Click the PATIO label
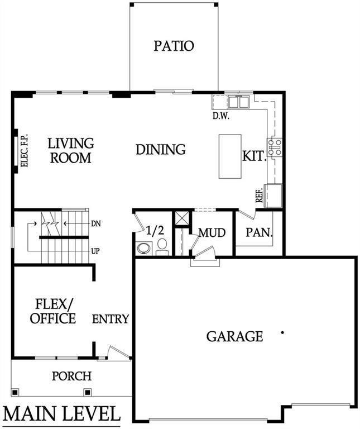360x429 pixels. tap(174, 46)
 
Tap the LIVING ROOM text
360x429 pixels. tap(70, 151)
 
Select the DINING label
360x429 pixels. tap(161, 150)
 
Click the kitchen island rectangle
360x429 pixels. tap(229, 156)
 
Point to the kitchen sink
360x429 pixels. tap(238, 102)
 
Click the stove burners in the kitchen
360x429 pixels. tap(275, 146)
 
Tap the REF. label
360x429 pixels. tap(259, 195)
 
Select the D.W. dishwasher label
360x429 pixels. tap(222, 117)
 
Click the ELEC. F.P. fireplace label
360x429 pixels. tap(25, 151)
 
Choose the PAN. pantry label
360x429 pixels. tap(259, 232)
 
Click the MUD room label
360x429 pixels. tap(212, 232)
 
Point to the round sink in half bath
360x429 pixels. tap(142, 248)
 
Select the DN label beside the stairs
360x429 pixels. tap(95, 223)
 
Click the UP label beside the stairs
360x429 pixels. tap(95, 251)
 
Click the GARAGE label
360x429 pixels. tap(234, 336)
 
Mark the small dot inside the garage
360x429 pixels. tap(282, 332)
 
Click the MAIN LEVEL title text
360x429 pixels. tap(61, 414)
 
